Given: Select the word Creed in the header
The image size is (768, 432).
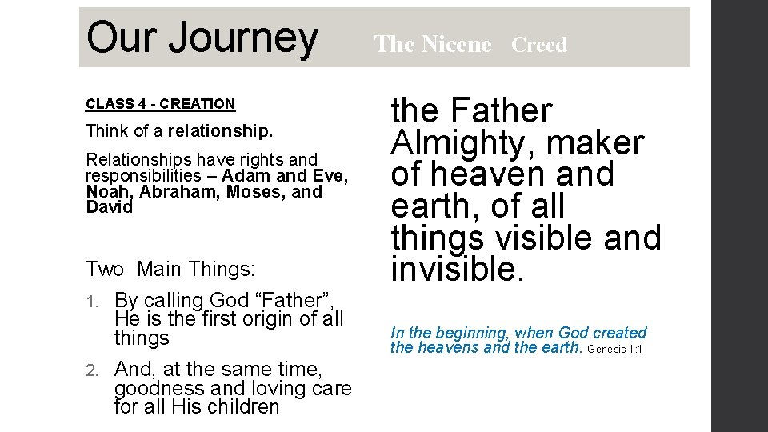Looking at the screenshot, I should click(x=538, y=45).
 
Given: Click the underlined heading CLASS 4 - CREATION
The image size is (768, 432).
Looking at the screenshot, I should click(x=160, y=103).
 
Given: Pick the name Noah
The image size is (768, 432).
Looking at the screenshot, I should click(x=108, y=192).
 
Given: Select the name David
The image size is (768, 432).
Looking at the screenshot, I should click(x=109, y=207).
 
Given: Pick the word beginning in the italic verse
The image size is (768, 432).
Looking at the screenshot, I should click(x=472, y=333).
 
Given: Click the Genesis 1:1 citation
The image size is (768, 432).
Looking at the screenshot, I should click(x=616, y=349).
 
